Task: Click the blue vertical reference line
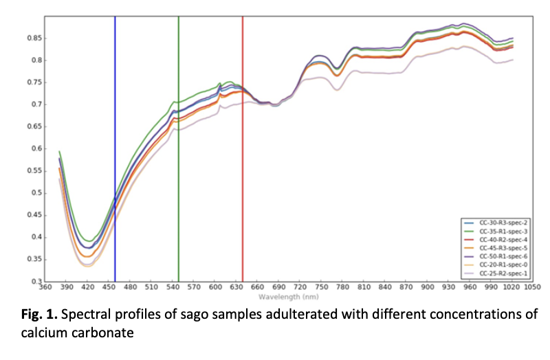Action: pyautogui.click(x=115, y=137)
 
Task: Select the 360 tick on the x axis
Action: pyautogui.click(x=45, y=289)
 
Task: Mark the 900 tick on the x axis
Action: pyautogui.click(x=428, y=289)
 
